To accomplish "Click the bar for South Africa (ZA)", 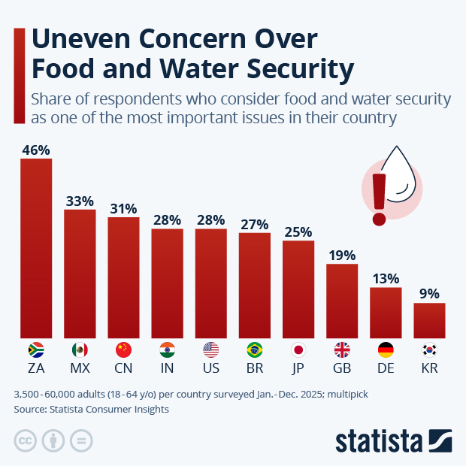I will pos(35,248).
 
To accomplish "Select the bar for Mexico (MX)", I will pos(80,274).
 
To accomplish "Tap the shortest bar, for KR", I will pos(429,320).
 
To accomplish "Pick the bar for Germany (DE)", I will pos(386,313).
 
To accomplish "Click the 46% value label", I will pos(35,150).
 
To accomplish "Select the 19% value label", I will pos(342,256).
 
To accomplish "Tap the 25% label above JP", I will pos(298,232).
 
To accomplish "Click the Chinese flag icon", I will pos(123,349).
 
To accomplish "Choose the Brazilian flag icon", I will pos(255,349).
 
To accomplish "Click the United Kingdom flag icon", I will pos(342,349).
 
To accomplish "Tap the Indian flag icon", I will pos(167,349).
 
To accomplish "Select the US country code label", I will pos(210,368).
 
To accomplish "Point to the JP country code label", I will pos(298,368).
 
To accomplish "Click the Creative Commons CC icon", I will pos(26,440).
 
